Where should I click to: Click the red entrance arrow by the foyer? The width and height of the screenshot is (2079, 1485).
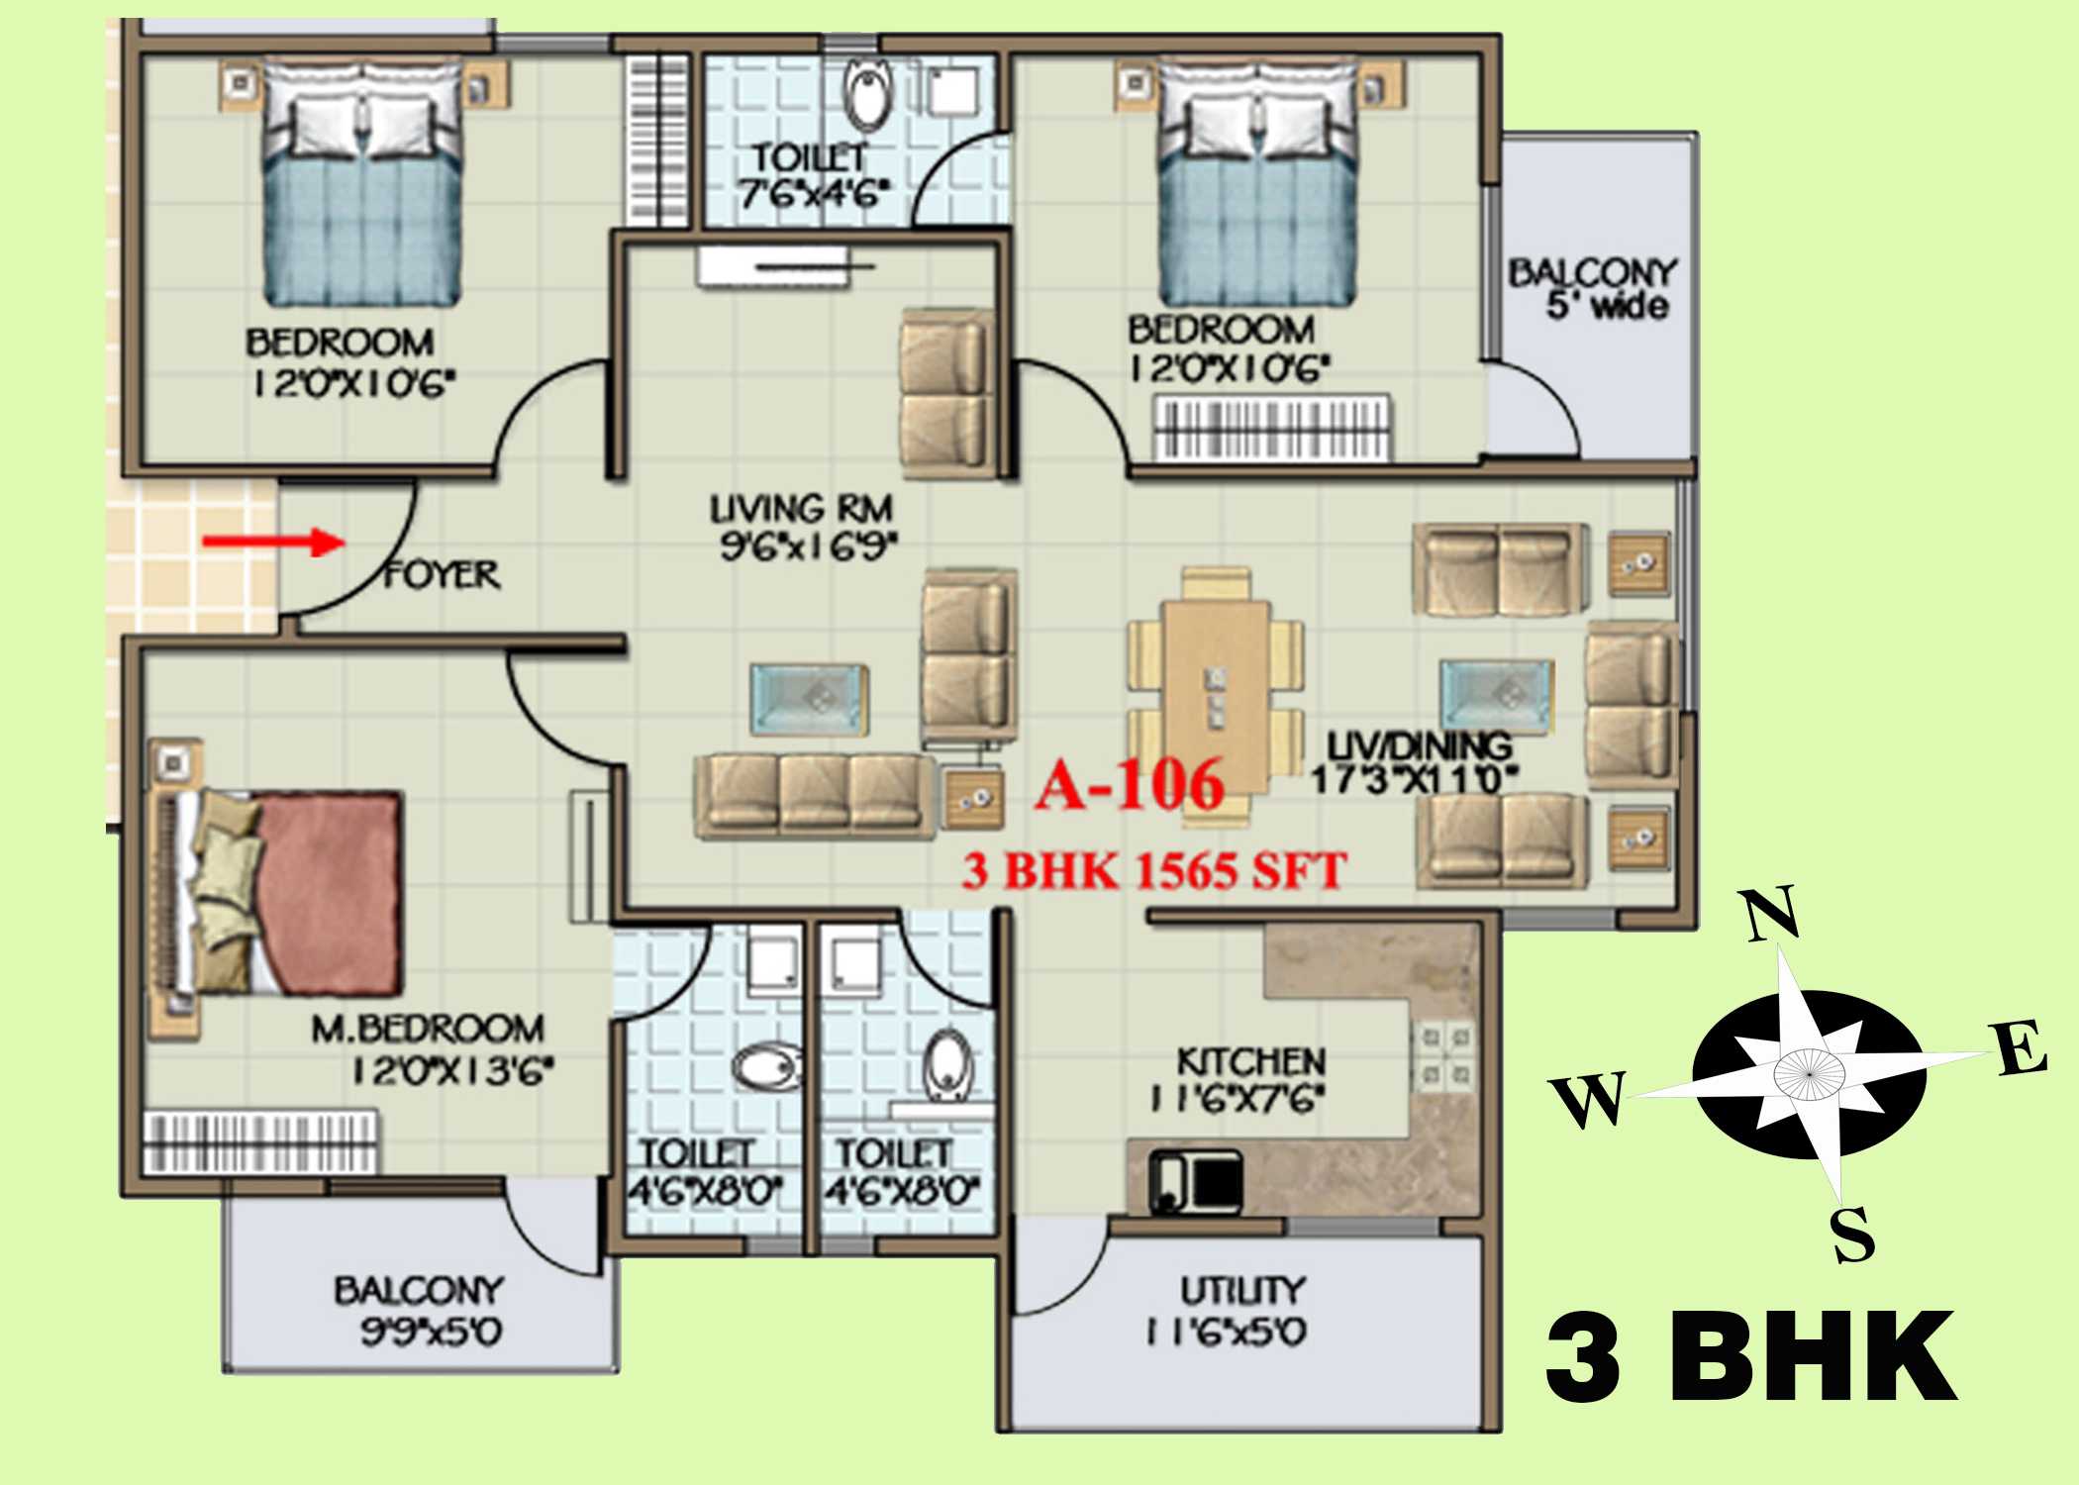pos(273,542)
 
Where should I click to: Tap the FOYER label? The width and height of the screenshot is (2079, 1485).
pos(442,575)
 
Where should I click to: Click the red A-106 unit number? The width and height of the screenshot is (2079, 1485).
pos(1130,786)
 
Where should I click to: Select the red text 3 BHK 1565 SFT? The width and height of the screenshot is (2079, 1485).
pos(1154,871)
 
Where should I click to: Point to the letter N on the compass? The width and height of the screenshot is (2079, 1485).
pos(1771,914)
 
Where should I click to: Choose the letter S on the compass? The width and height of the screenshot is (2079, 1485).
pos(1852,1235)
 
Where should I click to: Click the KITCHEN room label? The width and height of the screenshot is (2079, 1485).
pos(1251,1062)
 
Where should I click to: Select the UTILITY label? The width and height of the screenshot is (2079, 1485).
pos(1242,1290)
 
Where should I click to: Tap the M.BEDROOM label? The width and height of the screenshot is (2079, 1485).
pos(428,1030)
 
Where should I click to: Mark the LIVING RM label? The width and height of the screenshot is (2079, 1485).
pos(802,509)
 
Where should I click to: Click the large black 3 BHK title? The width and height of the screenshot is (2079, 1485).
pos(1751,1356)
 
